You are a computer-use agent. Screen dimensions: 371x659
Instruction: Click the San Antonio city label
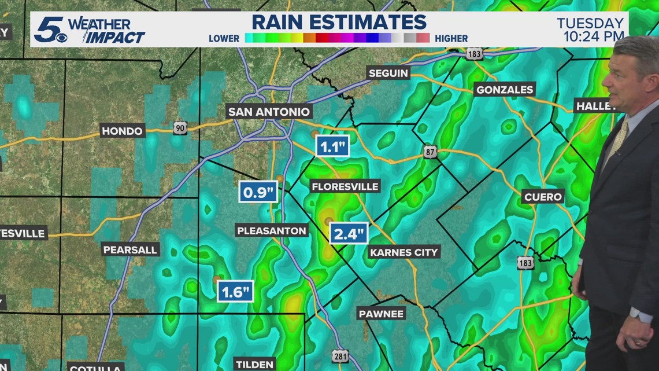269,112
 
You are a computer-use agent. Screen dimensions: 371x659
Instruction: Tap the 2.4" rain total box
349,234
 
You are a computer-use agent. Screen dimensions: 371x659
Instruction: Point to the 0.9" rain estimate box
258,192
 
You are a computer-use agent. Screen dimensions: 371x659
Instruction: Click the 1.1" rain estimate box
332,146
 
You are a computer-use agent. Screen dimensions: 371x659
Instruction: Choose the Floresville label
345,186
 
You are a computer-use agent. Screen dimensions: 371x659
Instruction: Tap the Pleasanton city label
271,231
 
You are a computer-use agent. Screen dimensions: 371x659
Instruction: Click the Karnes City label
404,252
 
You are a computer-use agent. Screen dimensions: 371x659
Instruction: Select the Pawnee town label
381,314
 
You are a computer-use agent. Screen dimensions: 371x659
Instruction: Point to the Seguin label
389,74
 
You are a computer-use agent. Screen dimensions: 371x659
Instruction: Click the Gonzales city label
505,90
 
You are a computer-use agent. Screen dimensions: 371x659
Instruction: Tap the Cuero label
543,197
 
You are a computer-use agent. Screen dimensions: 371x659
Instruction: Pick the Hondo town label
122,131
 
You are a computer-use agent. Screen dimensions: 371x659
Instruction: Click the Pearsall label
130,250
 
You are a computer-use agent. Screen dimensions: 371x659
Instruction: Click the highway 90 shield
180,128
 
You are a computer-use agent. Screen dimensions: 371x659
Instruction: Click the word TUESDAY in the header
590,24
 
